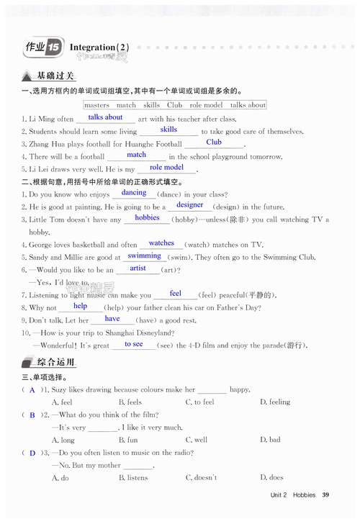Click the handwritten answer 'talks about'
click(x=105, y=117)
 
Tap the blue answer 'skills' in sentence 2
click(x=168, y=130)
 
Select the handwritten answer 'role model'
click(x=166, y=167)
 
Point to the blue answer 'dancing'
click(x=134, y=193)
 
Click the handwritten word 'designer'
click(x=190, y=205)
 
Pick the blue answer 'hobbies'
click(x=147, y=217)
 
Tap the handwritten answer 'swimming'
click(x=145, y=256)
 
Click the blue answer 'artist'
click(x=138, y=268)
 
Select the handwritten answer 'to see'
click(x=133, y=344)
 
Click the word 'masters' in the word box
click(x=96, y=105)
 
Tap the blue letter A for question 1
click(x=32, y=389)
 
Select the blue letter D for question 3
click(x=32, y=453)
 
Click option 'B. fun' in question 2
click(x=128, y=440)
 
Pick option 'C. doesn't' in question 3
click(x=201, y=478)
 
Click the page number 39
click(x=325, y=494)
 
